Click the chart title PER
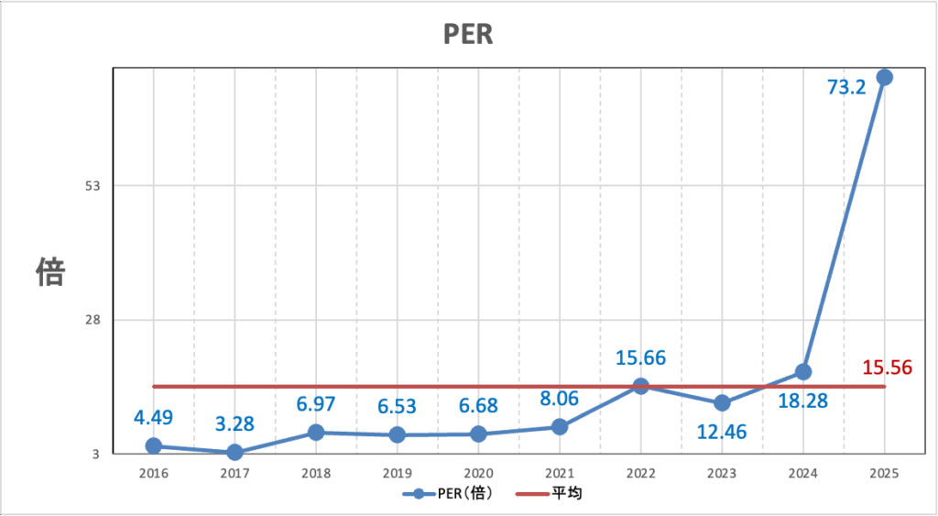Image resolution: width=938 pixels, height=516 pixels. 468,35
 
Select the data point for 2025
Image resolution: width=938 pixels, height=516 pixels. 884,77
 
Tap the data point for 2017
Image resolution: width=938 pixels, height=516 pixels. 234,452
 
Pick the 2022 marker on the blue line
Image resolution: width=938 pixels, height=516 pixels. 640,386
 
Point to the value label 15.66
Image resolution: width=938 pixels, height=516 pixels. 640,357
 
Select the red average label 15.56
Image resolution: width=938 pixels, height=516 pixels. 887,368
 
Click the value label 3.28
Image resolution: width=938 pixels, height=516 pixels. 234,423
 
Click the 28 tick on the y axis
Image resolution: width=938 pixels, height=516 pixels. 93,320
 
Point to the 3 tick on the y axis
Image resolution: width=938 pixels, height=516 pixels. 96,454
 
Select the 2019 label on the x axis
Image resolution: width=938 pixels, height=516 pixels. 397,473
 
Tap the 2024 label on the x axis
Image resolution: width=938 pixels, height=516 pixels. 802,473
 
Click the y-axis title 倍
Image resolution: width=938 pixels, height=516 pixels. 50,271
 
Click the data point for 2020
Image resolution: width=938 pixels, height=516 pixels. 478,434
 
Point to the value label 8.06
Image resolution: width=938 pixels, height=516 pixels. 559,398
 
